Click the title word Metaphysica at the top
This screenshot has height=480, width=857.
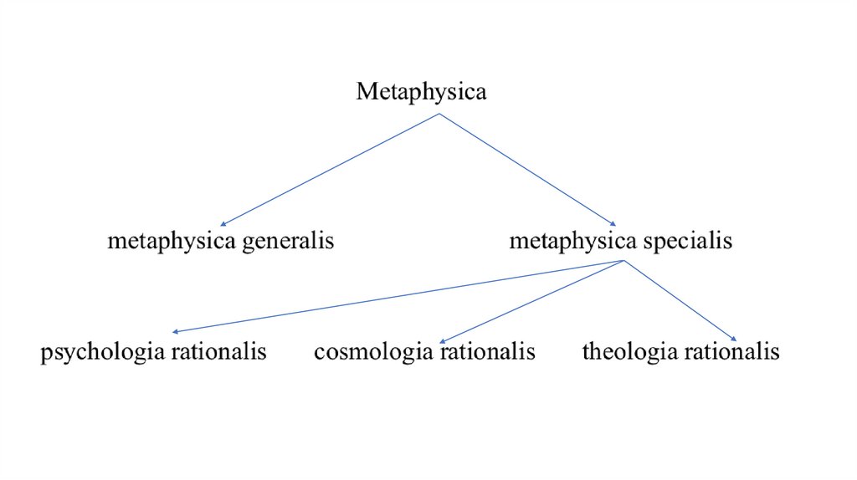(421, 91)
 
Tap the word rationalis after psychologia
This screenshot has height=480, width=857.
(219, 351)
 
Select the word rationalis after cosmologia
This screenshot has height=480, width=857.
(488, 351)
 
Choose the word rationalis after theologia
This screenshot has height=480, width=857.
(731, 351)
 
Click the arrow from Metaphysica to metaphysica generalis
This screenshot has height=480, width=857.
(329, 170)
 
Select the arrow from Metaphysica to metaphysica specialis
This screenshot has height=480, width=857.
(527, 170)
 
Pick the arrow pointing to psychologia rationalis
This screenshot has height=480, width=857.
(398, 297)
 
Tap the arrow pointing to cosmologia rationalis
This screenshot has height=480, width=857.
(531, 301)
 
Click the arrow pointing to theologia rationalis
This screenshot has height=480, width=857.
(680, 301)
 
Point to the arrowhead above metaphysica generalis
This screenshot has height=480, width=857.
(222, 224)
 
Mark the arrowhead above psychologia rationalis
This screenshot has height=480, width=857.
(176, 332)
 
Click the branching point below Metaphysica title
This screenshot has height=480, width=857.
(439, 114)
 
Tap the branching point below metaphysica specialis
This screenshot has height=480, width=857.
(624, 262)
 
